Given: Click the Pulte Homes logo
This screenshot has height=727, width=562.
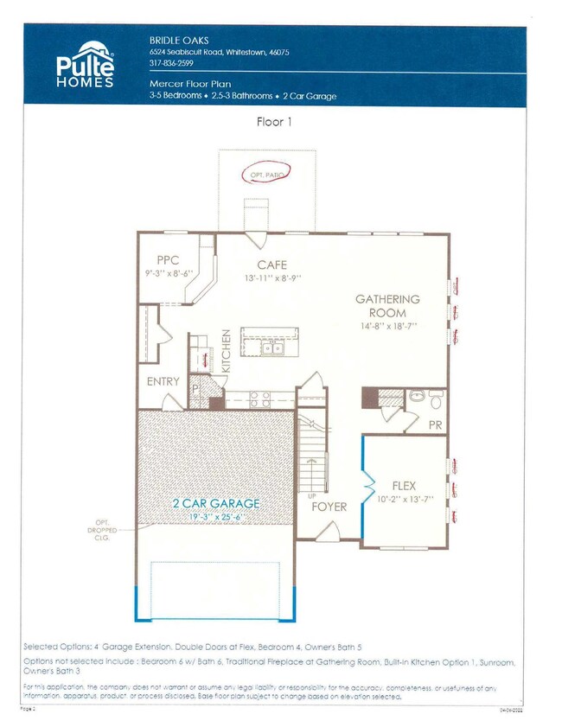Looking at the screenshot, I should point(84,65).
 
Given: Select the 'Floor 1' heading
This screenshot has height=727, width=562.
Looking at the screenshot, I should point(275,121).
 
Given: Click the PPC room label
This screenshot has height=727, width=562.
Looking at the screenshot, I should point(168,260).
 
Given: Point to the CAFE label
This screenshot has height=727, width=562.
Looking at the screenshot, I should point(272,265).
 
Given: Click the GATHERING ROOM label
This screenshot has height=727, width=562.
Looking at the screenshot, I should point(387,305).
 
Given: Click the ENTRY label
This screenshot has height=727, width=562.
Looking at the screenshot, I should point(163,381).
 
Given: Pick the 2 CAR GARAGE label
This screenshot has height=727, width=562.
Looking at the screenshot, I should point(216,502).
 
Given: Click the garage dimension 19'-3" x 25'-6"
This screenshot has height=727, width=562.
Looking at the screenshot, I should point(216,516).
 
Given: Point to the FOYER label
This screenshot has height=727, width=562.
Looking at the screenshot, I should point(329,507).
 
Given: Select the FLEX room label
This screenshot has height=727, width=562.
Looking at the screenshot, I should point(404,486).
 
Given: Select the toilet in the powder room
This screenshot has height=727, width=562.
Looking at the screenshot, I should point(435,399).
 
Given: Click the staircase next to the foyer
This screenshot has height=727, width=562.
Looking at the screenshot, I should point(312,454).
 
